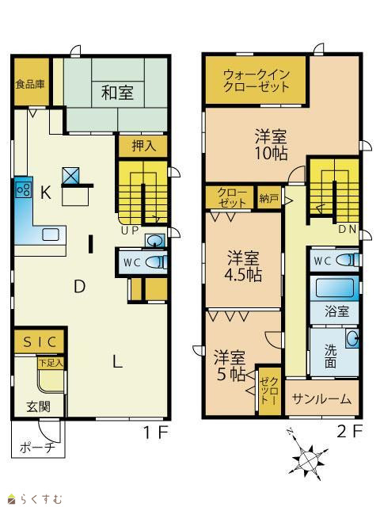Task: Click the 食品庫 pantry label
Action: point(30,85)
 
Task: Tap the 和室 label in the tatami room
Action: point(117,93)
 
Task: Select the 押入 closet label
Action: point(144,146)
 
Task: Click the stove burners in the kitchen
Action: point(24,189)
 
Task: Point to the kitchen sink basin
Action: point(51,234)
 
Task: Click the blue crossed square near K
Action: point(70,175)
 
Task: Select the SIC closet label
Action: point(40,341)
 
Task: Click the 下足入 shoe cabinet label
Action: point(51,363)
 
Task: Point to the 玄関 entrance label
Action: point(39,406)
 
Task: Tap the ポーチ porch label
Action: point(37,448)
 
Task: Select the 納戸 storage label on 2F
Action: point(268,198)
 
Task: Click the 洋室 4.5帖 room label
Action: point(243,266)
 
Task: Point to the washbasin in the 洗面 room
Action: point(352,338)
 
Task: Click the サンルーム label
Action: point(321,399)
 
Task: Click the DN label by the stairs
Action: point(347,229)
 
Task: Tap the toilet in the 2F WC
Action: point(348,260)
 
